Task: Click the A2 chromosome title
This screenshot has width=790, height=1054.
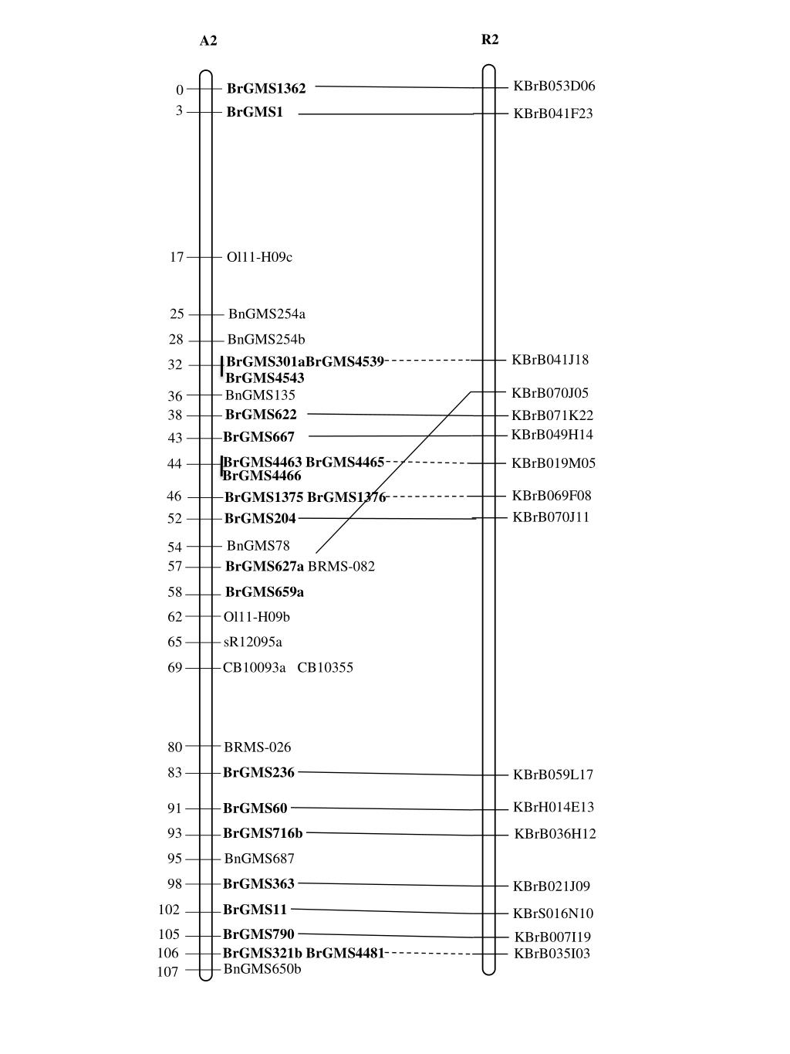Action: pyautogui.click(x=208, y=41)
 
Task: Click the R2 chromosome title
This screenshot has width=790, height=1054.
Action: pyautogui.click(x=490, y=39)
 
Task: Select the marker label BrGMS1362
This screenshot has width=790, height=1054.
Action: pyautogui.click(x=266, y=89)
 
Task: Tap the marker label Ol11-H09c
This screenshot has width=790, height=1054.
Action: pyautogui.click(x=259, y=257)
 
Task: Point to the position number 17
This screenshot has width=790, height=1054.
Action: pyautogui.click(x=177, y=257)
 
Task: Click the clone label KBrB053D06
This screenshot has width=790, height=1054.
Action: pyautogui.click(x=554, y=86)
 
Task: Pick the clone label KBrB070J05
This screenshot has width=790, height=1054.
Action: pyautogui.click(x=550, y=393)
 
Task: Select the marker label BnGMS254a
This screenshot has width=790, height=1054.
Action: pyautogui.click(x=267, y=313)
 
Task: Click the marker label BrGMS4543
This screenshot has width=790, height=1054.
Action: pyautogui.click(x=265, y=378)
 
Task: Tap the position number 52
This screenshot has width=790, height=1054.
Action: pyautogui.click(x=174, y=519)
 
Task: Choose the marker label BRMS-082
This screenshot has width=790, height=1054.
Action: pyautogui.click(x=342, y=567)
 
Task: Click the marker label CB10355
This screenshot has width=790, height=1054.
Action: pyautogui.click(x=326, y=667)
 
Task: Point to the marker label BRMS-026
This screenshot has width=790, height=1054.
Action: pyautogui.click(x=258, y=747)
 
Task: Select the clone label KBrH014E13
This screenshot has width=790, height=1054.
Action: pyautogui.click(x=553, y=807)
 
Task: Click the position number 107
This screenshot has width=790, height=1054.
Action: pyautogui.click(x=168, y=972)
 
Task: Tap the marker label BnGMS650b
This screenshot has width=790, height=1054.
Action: pyautogui.click(x=262, y=969)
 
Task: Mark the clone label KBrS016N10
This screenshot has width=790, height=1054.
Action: pyautogui.click(x=553, y=913)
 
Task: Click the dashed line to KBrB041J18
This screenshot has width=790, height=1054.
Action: pyautogui.click(x=427, y=360)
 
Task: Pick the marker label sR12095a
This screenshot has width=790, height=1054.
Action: pyautogui.click(x=253, y=642)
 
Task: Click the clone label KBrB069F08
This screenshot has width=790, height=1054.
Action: pyautogui.click(x=552, y=496)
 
